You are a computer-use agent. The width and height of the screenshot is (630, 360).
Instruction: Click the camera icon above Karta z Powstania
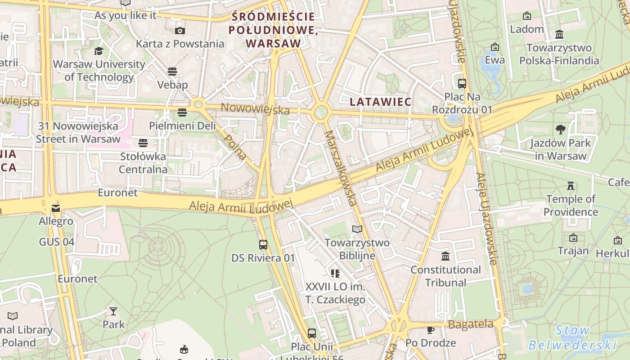click(180, 31)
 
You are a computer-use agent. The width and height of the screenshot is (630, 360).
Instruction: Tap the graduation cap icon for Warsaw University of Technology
click(99, 51)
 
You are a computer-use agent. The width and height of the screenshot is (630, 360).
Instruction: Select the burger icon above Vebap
click(172, 72)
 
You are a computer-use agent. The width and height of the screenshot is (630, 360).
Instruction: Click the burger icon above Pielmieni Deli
click(182, 112)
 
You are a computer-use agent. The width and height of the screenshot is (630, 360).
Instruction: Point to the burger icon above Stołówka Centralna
click(143, 143)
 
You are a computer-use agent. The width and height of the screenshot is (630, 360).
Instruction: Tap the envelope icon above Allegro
click(56, 208)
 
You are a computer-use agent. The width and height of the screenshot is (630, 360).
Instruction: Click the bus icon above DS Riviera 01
click(263, 245)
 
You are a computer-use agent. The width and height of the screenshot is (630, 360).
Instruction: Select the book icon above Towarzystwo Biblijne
click(357, 229)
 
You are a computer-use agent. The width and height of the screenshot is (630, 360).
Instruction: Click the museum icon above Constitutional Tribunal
click(445, 256)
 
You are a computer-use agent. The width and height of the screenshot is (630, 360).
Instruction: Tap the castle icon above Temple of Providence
click(571, 185)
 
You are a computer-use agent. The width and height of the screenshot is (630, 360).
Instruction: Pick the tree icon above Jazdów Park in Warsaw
click(560, 130)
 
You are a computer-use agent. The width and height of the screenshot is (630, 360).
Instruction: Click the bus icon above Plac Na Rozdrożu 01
click(462, 83)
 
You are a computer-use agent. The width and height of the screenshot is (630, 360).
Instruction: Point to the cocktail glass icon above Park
click(113, 311)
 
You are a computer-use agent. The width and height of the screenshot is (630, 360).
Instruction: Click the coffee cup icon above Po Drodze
click(430, 330)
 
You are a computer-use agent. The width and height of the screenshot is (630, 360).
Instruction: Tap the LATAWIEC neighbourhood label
click(381, 102)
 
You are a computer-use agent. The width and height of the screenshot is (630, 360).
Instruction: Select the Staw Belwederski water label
click(572, 338)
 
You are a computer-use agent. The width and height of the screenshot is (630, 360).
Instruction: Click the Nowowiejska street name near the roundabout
click(255, 108)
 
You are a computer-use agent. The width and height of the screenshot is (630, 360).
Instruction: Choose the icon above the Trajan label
click(573, 238)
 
